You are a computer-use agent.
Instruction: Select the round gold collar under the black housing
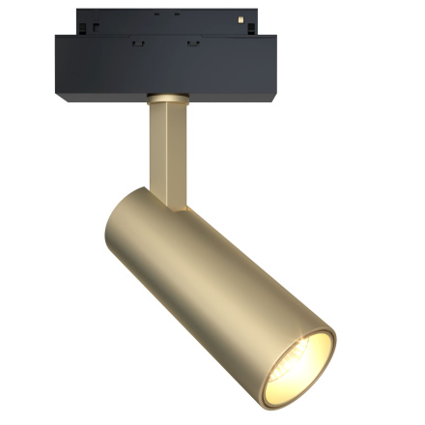point(166,97)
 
